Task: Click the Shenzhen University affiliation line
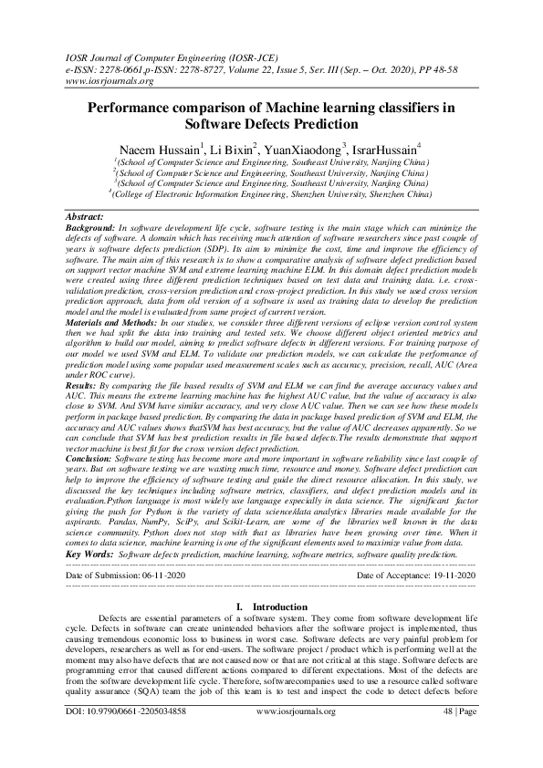[x=271, y=193]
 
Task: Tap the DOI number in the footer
[x=139, y=734]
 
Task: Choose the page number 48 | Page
[x=458, y=734]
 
